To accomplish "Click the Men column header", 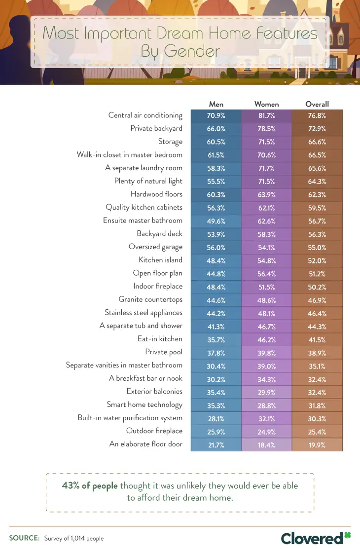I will point(216,104).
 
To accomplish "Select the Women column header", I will point(266,104).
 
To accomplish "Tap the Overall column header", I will point(317,104).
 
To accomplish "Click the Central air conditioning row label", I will point(145,115).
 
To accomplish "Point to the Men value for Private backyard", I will point(216,128).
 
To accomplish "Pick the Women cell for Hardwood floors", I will point(266,194).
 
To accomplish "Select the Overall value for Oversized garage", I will point(317,247).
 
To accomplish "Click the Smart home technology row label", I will point(144,404).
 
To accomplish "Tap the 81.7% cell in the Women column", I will point(266,115).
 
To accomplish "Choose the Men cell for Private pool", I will point(216,352).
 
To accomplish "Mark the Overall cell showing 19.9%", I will point(317,444).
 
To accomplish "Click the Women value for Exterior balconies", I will point(266,392).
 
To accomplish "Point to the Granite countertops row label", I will point(150,299).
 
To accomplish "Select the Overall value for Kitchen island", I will point(317,260).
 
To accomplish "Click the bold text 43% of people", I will point(90,485).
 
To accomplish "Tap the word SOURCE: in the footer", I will point(24,538).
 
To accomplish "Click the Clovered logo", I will point(316,537).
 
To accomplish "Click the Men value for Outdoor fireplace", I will point(216,431).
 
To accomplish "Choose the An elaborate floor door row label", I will point(146,444).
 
